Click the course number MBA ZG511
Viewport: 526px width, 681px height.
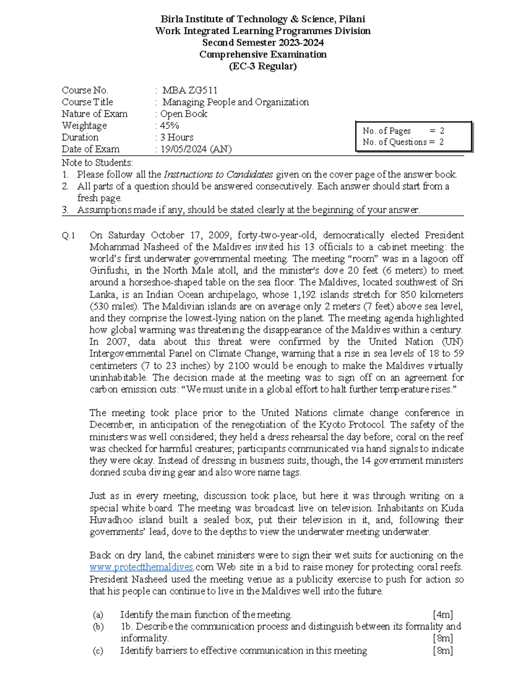click(x=189, y=90)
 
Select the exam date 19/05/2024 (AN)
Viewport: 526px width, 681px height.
click(x=195, y=149)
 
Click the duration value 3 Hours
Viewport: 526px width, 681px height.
click(x=177, y=137)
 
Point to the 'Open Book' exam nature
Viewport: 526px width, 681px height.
click(x=184, y=114)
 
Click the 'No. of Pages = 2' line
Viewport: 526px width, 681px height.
click(x=403, y=131)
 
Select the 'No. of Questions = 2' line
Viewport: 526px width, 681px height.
click(x=403, y=142)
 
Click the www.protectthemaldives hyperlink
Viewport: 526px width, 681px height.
click(x=141, y=567)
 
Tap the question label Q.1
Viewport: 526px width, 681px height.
click(x=69, y=235)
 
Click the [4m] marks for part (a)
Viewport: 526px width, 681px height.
click(x=443, y=615)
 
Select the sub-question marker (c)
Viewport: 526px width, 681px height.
click(x=98, y=651)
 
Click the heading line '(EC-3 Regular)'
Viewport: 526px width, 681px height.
click(x=263, y=66)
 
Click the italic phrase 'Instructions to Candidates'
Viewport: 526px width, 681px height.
click(x=218, y=175)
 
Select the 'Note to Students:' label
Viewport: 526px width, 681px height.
click(x=97, y=163)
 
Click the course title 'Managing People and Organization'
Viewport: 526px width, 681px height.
click(x=235, y=102)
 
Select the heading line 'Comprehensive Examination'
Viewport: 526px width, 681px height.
click(x=263, y=54)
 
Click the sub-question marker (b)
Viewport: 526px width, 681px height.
click(x=98, y=627)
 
